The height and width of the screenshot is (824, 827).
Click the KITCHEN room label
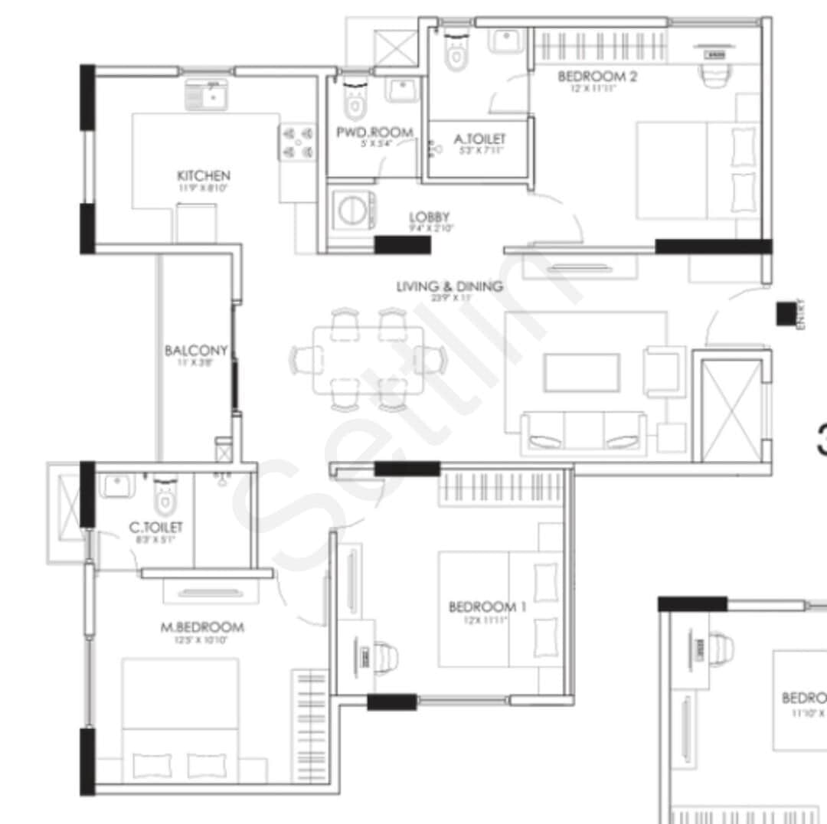click(x=203, y=175)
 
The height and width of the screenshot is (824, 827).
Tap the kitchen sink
click(x=206, y=97)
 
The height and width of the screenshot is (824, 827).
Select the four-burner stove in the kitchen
click(x=298, y=142)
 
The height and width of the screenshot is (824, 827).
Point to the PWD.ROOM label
click(x=374, y=132)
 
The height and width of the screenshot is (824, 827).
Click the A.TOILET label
click(x=479, y=139)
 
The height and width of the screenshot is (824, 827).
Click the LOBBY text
click(x=429, y=217)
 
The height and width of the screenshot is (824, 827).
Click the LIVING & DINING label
click(x=449, y=287)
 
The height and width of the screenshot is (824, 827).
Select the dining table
click(x=368, y=360)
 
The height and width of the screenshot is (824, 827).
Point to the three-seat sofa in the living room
click(x=583, y=432)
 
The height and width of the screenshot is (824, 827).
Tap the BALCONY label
click(x=196, y=351)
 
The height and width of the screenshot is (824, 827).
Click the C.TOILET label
click(x=155, y=528)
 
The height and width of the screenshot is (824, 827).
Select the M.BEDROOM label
click(x=202, y=627)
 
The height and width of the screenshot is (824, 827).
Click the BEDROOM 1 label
click(x=487, y=607)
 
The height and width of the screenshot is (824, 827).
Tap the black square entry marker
click(x=785, y=314)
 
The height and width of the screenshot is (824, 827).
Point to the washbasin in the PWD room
click(x=402, y=90)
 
